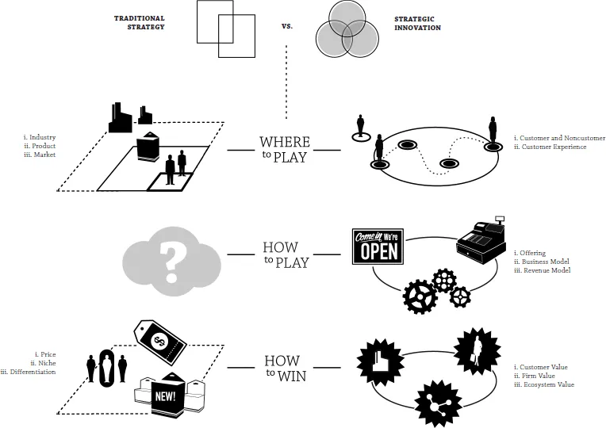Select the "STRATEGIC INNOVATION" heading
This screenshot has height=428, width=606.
417,22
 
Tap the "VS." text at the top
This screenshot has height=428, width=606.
287,25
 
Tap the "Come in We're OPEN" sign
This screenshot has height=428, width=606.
378,247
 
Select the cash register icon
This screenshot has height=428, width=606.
481,241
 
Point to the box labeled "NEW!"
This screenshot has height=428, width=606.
168,393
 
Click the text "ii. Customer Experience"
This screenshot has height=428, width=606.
550,147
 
